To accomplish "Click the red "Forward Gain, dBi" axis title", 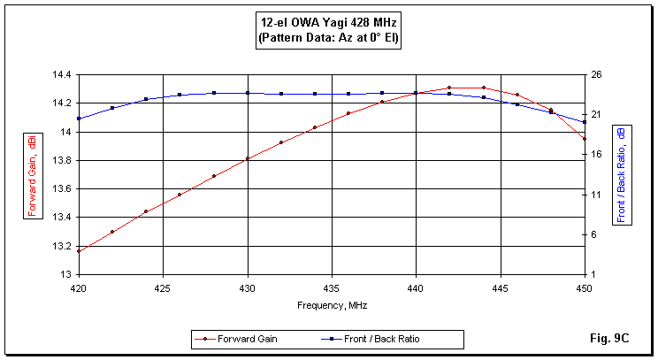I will [32, 174].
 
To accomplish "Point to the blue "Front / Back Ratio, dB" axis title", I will [621, 174].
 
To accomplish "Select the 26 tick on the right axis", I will [597, 75].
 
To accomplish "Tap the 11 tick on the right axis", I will [597, 195].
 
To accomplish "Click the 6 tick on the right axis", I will [597, 234].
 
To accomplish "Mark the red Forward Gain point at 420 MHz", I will [79, 251].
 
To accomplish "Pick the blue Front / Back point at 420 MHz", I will [79, 119].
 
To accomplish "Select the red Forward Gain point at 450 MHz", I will [584, 139].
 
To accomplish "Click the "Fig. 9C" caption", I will [608, 339].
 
